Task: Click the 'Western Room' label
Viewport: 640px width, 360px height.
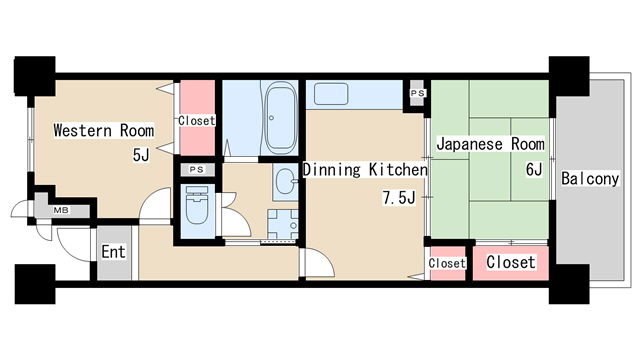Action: pyautogui.click(x=104, y=130)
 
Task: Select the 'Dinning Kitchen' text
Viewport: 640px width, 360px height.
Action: pyautogui.click(x=365, y=170)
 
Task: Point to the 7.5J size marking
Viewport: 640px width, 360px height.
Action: pyautogui.click(x=398, y=197)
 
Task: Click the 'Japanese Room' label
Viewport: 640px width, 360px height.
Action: pyautogui.click(x=490, y=143)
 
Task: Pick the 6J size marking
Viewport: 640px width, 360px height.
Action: pyautogui.click(x=534, y=169)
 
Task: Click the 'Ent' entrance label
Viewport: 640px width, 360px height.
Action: pyautogui.click(x=113, y=251)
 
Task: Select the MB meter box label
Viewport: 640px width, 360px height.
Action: pyautogui.click(x=61, y=210)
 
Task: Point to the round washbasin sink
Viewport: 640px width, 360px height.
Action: pyautogui.click(x=285, y=181)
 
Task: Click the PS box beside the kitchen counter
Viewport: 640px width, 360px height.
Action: pyautogui.click(x=417, y=94)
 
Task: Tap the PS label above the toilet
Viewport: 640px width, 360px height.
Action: pyautogui.click(x=196, y=170)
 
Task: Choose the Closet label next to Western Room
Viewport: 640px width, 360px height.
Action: pyautogui.click(x=196, y=121)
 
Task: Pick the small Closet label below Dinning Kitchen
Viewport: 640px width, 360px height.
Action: pyautogui.click(x=447, y=263)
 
